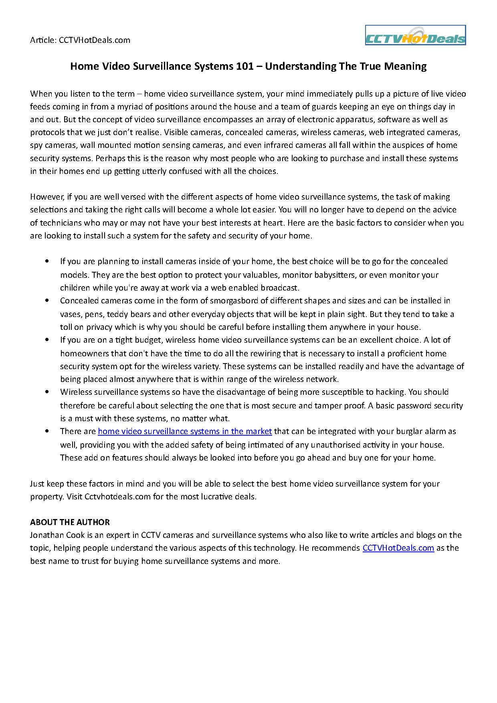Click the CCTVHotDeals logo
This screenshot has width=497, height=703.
click(x=415, y=35)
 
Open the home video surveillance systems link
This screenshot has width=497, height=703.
click(x=185, y=431)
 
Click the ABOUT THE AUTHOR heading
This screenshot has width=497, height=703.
click(x=70, y=522)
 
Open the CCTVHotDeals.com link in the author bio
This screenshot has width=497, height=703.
click(x=398, y=548)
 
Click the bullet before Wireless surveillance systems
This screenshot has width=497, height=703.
click(x=48, y=392)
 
